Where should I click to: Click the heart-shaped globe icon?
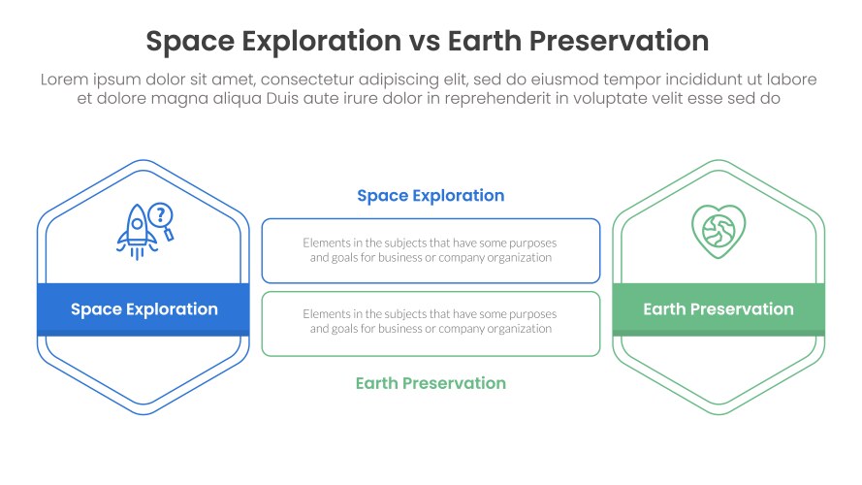(x=718, y=232)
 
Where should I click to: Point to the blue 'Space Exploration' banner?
(x=144, y=309)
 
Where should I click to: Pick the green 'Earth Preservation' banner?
(x=718, y=309)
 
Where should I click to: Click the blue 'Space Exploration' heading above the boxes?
(x=431, y=196)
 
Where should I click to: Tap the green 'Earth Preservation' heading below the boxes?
(x=431, y=383)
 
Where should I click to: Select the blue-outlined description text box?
(x=431, y=251)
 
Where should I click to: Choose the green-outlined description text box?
(x=431, y=324)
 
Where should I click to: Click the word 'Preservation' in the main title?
(x=619, y=42)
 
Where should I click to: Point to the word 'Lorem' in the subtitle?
(x=64, y=80)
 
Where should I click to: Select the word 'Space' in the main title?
(x=190, y=43)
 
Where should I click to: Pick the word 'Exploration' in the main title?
(x=322, y=43)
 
